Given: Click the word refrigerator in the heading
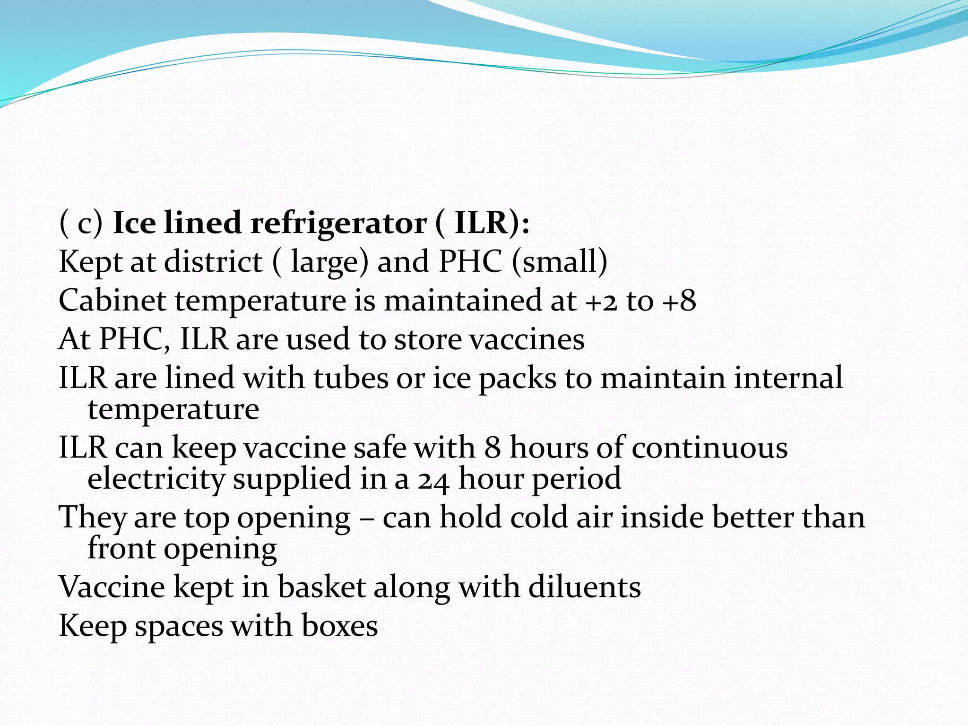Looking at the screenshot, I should (x=338, y=223).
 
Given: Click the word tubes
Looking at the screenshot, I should (x=350, y=378).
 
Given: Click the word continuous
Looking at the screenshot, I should (x=709, y=448).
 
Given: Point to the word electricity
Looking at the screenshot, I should (x=156, y=479).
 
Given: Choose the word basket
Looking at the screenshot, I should (x=321, y=587).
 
